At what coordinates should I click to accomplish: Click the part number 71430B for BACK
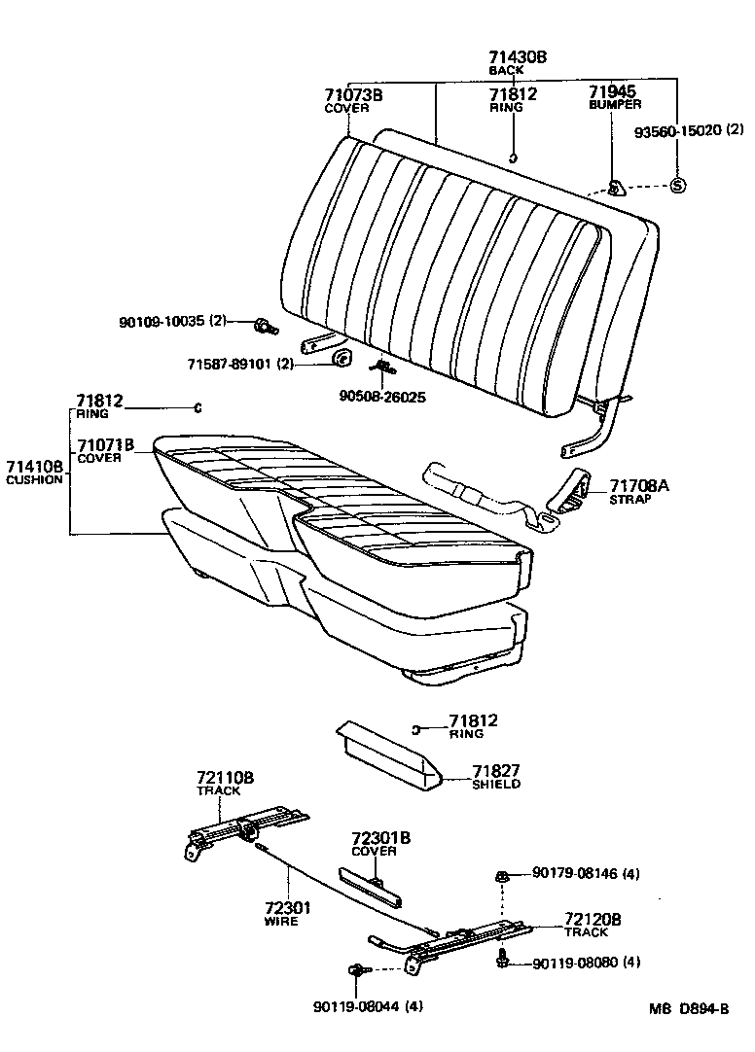pos(518,57)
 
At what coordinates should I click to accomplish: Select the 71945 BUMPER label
pos(615,98)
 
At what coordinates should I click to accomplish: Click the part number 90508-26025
pos(382,397)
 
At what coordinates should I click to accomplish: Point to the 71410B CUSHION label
pos(35,472)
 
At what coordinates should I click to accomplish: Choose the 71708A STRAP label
pos(639,492)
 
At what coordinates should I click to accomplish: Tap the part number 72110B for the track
pos(225,779)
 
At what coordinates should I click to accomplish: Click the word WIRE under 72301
pos(281,921)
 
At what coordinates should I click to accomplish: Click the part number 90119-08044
pos(357,1006)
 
